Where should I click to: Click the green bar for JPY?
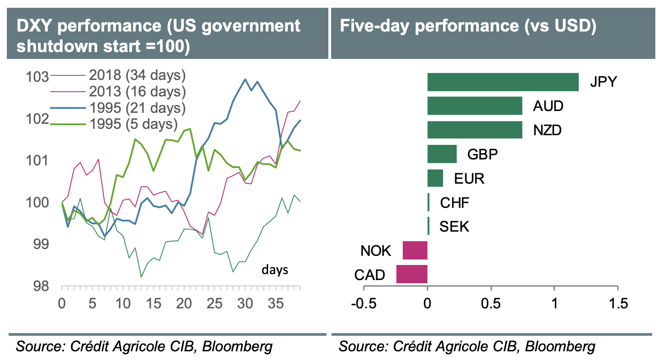pyautogui.click(x=502, y=82)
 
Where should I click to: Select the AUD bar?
pyautogui.click(x=474, y=106)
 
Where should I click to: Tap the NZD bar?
pyautogui.click(x=474, y=130)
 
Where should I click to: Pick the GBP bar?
pyautogui.click(x=442, y=154)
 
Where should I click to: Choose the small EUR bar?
pyautogui.click(x=435, y=178)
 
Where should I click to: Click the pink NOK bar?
pyautogui.click(x=415, y=250)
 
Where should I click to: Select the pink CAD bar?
pyautogui.click(x=412, y=274)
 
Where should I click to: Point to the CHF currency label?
pyautogui.click(x=454, y=202)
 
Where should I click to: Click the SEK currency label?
pyautogui.click(x=454, y=226)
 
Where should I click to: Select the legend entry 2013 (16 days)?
pyautogui.click(x=137, y=91)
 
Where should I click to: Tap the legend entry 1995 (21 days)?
pyautogui.click(x=137, y=108)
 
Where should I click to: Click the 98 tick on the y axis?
pyautogui.click(x=43, y=286)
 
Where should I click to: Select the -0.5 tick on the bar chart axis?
pyautogui.click(x=364, y=303)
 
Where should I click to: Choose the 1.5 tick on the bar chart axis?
pyautogui.click(x=618, y=303)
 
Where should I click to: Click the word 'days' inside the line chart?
pyautogui.click(x=275, y=270)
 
